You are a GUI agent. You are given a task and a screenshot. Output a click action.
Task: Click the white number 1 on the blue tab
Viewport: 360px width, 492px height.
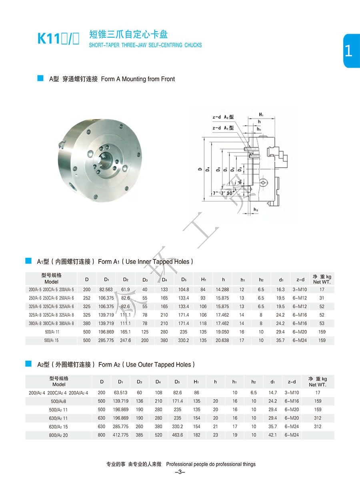[348, 51]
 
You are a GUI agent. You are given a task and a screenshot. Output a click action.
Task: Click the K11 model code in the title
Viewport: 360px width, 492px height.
[48, 39]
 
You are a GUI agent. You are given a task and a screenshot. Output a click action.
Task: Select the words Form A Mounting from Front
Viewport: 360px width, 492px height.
[138, 79]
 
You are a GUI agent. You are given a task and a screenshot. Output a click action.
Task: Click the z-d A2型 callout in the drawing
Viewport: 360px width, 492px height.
[223, 117]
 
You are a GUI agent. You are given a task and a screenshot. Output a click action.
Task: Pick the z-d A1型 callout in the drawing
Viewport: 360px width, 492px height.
[223, 128]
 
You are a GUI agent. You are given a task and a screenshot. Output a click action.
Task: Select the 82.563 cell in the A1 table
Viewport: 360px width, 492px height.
[106, 289]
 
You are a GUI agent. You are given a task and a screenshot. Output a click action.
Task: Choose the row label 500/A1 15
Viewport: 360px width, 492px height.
[51, 340]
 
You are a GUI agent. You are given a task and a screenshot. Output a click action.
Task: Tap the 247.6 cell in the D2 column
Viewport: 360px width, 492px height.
[125, 340]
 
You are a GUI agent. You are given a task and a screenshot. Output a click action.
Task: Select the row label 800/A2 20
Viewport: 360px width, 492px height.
[59, 435]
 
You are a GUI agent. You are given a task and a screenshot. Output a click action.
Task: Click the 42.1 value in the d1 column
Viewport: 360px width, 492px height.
[272, 435]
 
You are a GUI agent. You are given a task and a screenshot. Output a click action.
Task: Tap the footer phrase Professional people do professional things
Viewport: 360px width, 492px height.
[211, 464]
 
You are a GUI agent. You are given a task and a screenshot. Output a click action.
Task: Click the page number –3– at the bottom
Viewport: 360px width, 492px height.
[180, 472]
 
